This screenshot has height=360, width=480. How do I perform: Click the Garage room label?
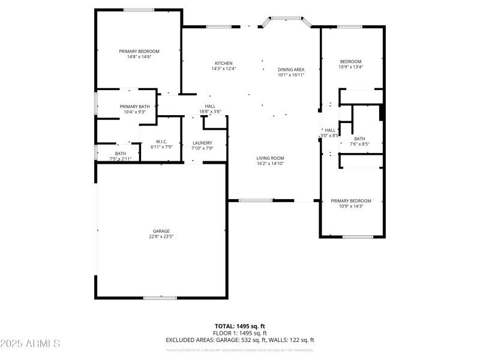click(x=161, y=231)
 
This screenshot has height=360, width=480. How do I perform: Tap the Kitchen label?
click(x=224, y=63)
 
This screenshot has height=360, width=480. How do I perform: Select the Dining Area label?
click(x=291, y=70)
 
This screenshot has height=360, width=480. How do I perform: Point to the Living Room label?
click(x=270, y=158)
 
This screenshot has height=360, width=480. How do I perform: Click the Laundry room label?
click(x=203, y=143)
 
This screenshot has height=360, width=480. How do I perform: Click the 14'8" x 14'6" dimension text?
click(x=139, y=57)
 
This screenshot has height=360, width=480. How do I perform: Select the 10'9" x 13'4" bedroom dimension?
click(x=351, y=67)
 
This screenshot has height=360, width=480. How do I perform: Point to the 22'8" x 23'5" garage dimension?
click(x=161, y=236)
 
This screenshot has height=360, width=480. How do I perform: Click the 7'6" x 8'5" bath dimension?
click(x=359, y=144)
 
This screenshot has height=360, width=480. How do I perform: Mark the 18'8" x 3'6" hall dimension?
click(x=210, y=112)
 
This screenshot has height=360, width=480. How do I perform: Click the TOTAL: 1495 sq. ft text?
click(x=240, y=326)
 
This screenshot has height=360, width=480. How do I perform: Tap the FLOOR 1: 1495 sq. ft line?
click(x=240, y=333)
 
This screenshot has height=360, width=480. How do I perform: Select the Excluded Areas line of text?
click(x=240, y=340)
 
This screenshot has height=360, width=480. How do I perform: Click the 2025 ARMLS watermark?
click(x=30, y=344)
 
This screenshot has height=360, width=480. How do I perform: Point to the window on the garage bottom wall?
click(x=160, y=298)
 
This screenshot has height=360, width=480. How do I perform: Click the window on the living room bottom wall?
click(x=256, y=200)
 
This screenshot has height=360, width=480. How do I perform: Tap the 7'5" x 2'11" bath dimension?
click(x=121, y=159)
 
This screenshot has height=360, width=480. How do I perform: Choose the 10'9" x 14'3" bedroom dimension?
click(x=351, y=206)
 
